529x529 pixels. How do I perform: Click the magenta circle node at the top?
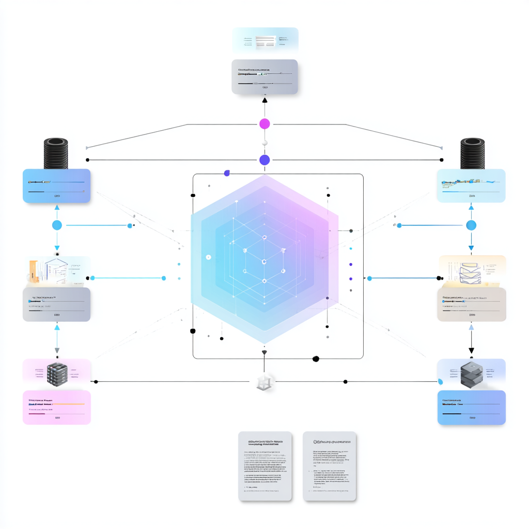pyautogui.click(x=264, y=124)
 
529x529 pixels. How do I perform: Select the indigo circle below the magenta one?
pyautogui.click(x=264, y=160)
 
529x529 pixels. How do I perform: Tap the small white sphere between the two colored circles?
pyautogui.click(x=264, y=143)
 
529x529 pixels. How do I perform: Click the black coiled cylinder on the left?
pyautogui.click(x=56, y=153)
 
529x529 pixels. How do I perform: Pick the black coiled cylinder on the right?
pyautogui.click(x=472, y=153)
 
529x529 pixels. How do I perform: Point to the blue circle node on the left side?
pyautogui.click(x=57, y=225)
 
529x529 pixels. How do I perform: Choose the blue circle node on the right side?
pyautogui.click(x=471, y=225)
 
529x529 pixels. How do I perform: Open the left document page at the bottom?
pyautogui.click(x=264, y=466)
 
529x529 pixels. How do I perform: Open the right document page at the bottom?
pyautogui.click(x=330, y=466)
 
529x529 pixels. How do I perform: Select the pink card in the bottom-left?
pyautogui.click(x=57, y=407)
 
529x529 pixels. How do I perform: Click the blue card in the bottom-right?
pyautogui.click(x=471, y=407)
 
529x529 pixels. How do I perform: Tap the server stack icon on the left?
pyautogui.click(x=57, y=373)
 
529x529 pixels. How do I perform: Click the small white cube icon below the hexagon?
pyautogui.click(x=264, y=382)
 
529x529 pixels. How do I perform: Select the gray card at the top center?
pyautogui.click(x=264, y=76)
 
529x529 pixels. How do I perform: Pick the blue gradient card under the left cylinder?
pyautogui.click(x=57, y=186)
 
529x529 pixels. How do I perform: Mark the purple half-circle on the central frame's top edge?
pyautogui.click(x=226, y=174)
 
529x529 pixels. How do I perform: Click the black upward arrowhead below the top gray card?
pyautogui.click(x=264, y=100)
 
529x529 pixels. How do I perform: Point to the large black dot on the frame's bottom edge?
pyautogui.click(x=316, y=359)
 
